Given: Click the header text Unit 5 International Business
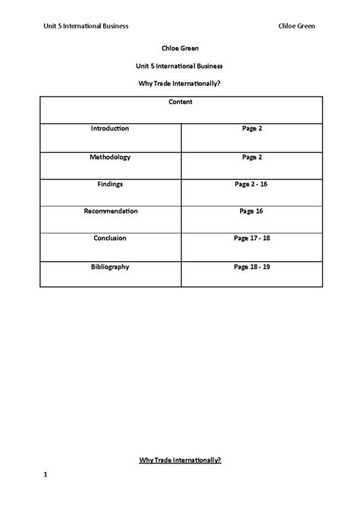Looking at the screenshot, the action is (85, 26).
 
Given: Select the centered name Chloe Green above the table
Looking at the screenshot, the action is (180, 48).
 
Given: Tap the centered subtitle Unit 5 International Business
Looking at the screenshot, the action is (180, 65).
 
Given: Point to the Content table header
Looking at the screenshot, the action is (180, 101).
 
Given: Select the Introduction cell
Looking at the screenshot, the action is (110, 128).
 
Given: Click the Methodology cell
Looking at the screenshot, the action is (110, 156).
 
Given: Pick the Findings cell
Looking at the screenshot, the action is (110, 184).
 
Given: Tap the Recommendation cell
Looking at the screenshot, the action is (110, 210).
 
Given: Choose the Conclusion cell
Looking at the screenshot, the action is (110, 238).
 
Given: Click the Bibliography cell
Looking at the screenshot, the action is (110, 267).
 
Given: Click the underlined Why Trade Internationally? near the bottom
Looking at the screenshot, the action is (180, 460).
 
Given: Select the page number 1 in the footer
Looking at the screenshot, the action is (46, 476).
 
